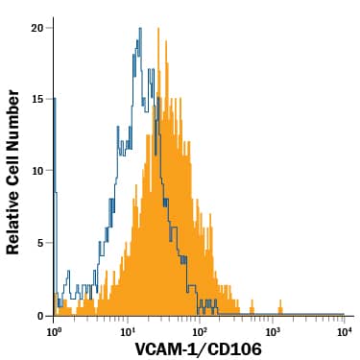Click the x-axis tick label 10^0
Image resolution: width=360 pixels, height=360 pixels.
(54, 330)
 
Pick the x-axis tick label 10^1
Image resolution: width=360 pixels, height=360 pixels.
(127, 330)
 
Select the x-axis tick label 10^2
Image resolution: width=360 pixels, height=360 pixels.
(200, 330)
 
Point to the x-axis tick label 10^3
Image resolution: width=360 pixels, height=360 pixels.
(272, 330)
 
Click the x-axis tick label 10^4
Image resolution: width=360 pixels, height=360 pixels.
(344, 330)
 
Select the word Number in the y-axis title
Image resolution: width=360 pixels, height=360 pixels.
(14, 110)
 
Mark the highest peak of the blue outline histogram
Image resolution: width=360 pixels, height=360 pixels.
(140, 30)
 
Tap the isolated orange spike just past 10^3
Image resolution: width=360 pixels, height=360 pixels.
(280, 305)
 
